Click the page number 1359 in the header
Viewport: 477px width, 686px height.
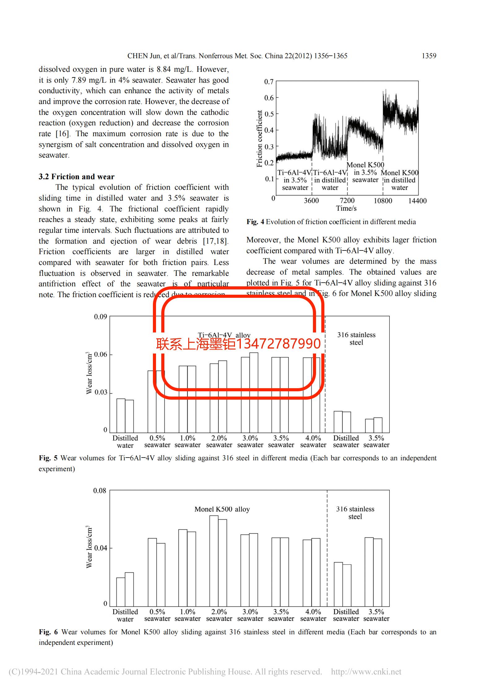[429, 56]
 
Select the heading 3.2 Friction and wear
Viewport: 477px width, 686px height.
[76, 177]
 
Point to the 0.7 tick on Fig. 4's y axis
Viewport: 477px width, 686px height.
[269, 82]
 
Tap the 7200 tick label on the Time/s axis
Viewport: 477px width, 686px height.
[347, 201]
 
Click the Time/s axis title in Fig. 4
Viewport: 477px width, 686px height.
[346, 209]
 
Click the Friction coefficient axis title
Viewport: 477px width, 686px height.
[259, 139]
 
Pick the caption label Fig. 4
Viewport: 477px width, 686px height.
[255, 222]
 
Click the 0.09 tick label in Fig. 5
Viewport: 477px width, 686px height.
[101, 317]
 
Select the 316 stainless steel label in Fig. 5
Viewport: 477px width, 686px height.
[356, 339]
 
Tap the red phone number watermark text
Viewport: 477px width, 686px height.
[238, 344]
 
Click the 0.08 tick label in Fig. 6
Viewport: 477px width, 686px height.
[100, 491]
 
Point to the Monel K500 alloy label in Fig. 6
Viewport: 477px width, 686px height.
[222, 509]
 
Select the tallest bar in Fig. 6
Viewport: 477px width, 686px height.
[214, 561]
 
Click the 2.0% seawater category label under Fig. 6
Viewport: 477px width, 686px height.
[219, 615]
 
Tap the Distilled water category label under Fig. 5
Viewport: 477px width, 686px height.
[125, 442]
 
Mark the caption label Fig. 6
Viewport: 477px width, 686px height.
[48, 632]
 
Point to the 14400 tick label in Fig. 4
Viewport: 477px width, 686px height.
[417, 201]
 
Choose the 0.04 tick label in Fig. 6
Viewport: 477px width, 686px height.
[101, 548]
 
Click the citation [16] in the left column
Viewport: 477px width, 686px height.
[63, 134]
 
